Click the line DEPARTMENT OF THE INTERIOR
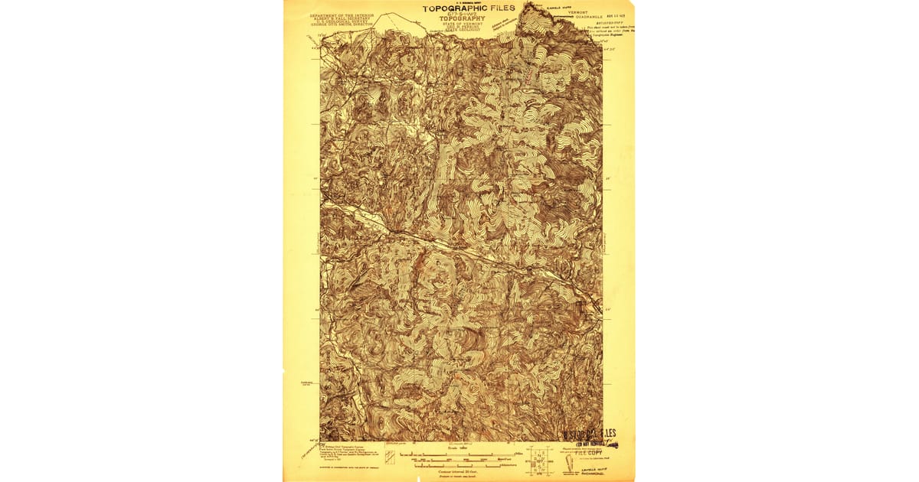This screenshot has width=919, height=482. (x=342, y=15)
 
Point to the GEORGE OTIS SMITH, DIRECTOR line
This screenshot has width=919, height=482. (x=342, y=24)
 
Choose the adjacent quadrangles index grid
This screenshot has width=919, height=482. (x=539, y=461)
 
